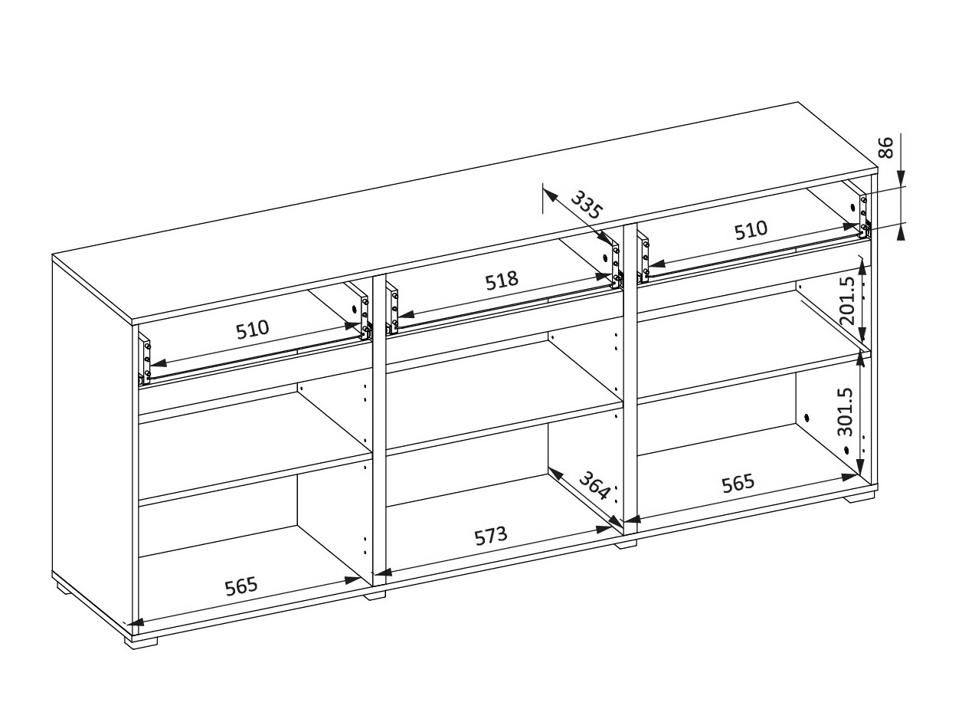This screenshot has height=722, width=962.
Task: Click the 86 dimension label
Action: coord(885,147)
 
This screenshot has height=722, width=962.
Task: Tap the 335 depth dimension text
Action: coord(587,205)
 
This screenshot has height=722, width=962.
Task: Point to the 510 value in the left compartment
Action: coord(253,330)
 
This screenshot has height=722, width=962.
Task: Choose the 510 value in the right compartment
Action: coord(751,230)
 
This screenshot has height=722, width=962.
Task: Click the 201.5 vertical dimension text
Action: coord(847,300)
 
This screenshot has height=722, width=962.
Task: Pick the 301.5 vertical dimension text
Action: coord(846,412)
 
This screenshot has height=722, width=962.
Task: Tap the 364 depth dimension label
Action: coord(594,485)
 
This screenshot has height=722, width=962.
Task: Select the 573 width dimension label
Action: coord(491,536)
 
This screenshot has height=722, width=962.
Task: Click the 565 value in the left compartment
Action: coord(241,586)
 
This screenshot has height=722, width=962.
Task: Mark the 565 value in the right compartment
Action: coord(738,483)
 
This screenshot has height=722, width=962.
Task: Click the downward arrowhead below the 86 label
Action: coord(900,179)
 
